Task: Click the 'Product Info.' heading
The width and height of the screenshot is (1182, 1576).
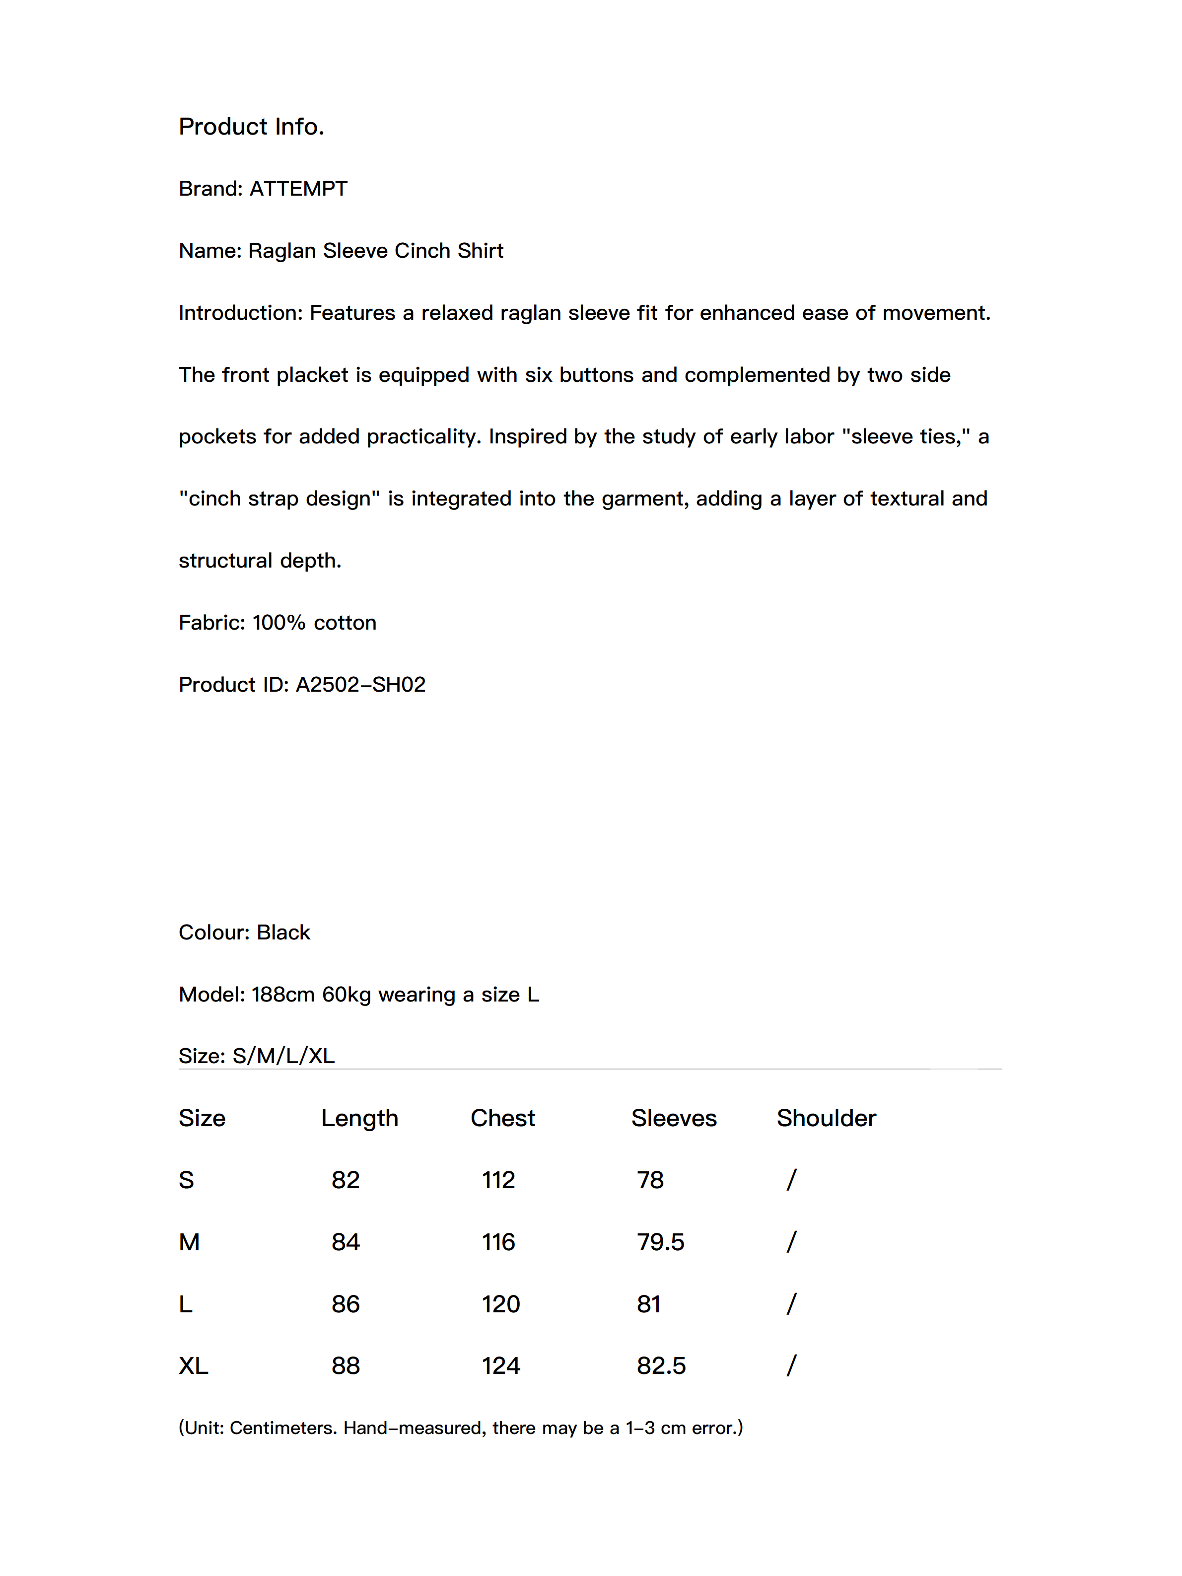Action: coord(252,126)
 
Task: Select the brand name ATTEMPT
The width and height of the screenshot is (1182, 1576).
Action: coord(298,189)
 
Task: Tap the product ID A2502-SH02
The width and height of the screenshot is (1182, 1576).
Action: coord(360,685)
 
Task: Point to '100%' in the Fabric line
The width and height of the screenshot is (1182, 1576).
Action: coord(278,623)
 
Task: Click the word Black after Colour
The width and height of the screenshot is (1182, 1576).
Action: coord(283,932)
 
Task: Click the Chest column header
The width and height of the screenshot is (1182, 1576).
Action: coord(502,1119)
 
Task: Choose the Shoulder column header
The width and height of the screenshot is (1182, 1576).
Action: coord(826,1119)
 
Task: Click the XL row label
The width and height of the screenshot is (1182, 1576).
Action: coord(193,1366)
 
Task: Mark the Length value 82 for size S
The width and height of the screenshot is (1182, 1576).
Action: coord(346,1181)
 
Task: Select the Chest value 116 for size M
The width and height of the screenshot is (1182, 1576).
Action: coord(498,1242)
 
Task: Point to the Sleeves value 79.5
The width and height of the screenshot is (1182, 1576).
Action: coord(660,1242)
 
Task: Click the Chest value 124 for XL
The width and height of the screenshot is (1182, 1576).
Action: coord(501,1366)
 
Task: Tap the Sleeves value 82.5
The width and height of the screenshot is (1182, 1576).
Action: coord(661,1366)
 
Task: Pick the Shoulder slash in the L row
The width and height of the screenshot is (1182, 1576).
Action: coord(791,1304)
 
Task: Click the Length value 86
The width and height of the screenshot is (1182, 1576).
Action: coord(346,1304)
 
